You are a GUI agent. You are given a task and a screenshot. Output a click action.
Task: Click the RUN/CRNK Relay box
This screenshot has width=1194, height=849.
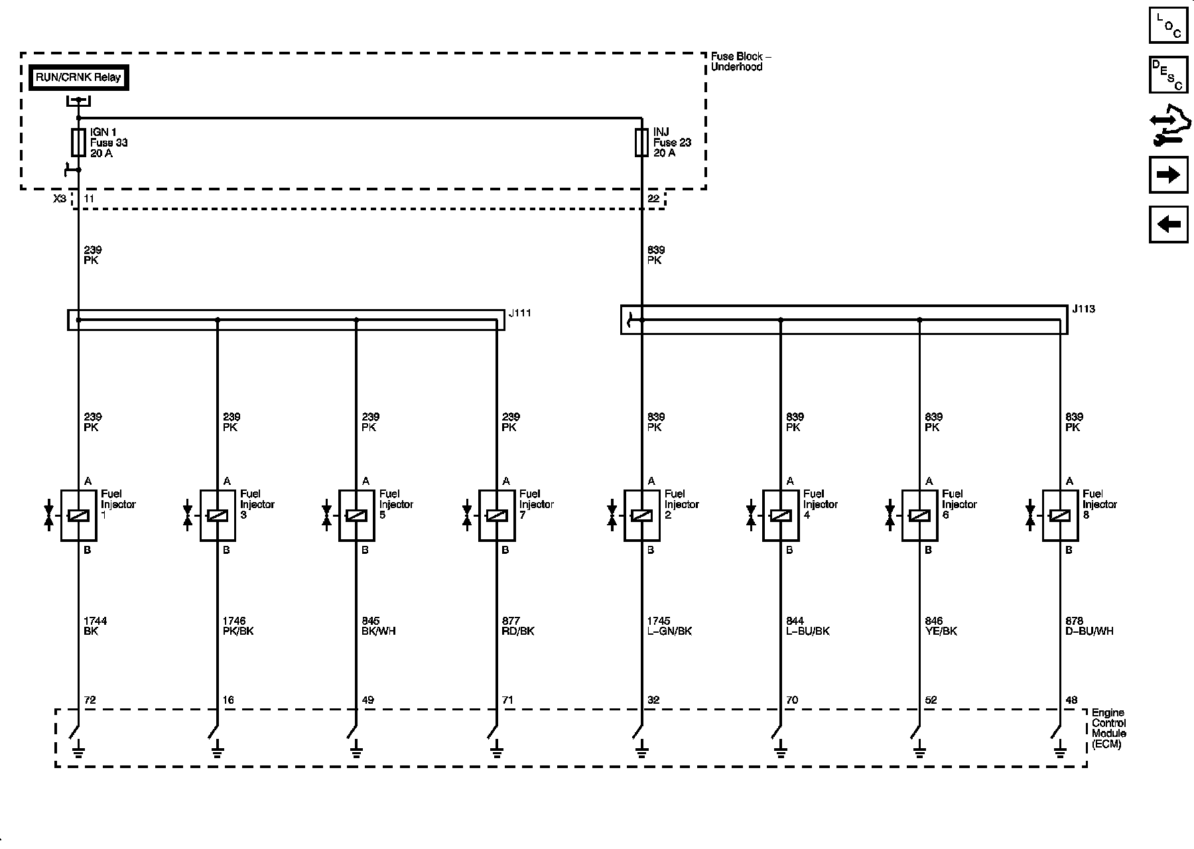tap(78, 78)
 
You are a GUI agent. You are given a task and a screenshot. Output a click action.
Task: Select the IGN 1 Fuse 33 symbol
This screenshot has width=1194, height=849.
tap(78, 143)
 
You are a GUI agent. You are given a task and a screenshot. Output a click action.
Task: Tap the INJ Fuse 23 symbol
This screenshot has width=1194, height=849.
tap(641, 143)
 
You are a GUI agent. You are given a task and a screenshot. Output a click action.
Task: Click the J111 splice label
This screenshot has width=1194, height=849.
tap(520, 313)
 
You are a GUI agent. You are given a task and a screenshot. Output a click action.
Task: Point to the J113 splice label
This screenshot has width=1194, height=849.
tap(1084, 309)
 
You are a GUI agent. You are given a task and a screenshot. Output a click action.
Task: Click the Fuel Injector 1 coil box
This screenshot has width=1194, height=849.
tap(78, 515)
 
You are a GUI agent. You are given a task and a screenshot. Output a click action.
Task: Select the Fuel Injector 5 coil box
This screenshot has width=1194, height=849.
tap(356, 515)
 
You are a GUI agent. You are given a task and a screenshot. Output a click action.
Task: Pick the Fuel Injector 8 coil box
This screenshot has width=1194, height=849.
tap(1060, 515)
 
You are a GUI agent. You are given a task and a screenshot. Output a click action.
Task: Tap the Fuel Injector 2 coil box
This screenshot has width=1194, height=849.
tap(641, 515)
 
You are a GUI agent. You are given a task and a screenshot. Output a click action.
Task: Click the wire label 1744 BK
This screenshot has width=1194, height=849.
tap(95, 626)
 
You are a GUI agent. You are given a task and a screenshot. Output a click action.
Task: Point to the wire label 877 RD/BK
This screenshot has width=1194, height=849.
tap(518, 626)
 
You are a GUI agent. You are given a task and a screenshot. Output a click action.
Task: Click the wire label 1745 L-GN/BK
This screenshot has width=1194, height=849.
tap(669, 626)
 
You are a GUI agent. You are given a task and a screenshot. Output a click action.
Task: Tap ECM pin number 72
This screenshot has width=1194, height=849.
tap(90, 700)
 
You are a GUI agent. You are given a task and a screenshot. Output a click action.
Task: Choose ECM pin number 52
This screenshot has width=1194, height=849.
tap(931, 700)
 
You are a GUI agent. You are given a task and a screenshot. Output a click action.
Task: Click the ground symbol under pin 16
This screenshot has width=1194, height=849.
tap(217, 751)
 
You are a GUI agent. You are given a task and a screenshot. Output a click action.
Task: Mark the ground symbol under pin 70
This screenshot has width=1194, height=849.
tap(780, 751)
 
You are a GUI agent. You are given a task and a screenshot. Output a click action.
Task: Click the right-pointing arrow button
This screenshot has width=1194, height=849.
tap(1168, 175)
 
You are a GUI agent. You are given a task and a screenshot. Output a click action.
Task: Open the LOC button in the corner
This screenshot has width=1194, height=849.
tap(1168, 25)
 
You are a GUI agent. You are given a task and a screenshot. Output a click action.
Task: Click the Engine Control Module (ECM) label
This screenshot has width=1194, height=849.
tap(1108, 728)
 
